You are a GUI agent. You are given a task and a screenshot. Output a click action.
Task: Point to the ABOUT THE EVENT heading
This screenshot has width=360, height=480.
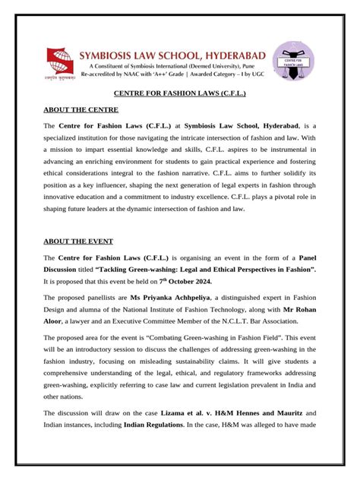point(78,242)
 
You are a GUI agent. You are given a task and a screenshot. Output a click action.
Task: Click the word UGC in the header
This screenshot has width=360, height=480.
point(254,77)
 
